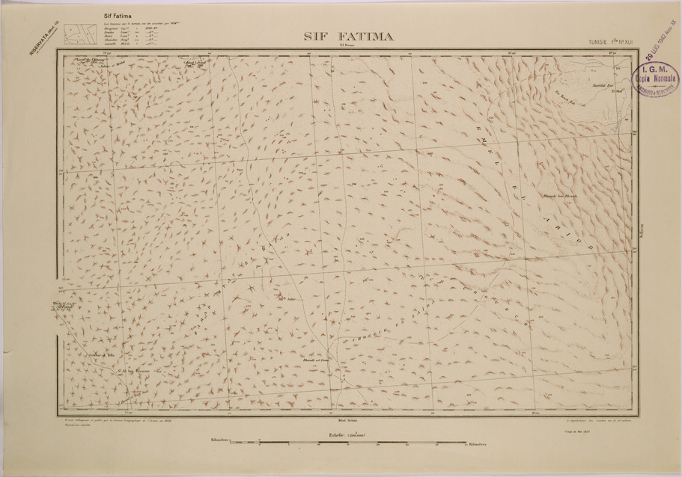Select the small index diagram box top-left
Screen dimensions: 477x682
tap(77, 35)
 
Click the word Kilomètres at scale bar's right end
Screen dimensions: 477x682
tap(473, 443)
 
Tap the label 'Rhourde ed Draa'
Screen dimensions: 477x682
tap(309, 360)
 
